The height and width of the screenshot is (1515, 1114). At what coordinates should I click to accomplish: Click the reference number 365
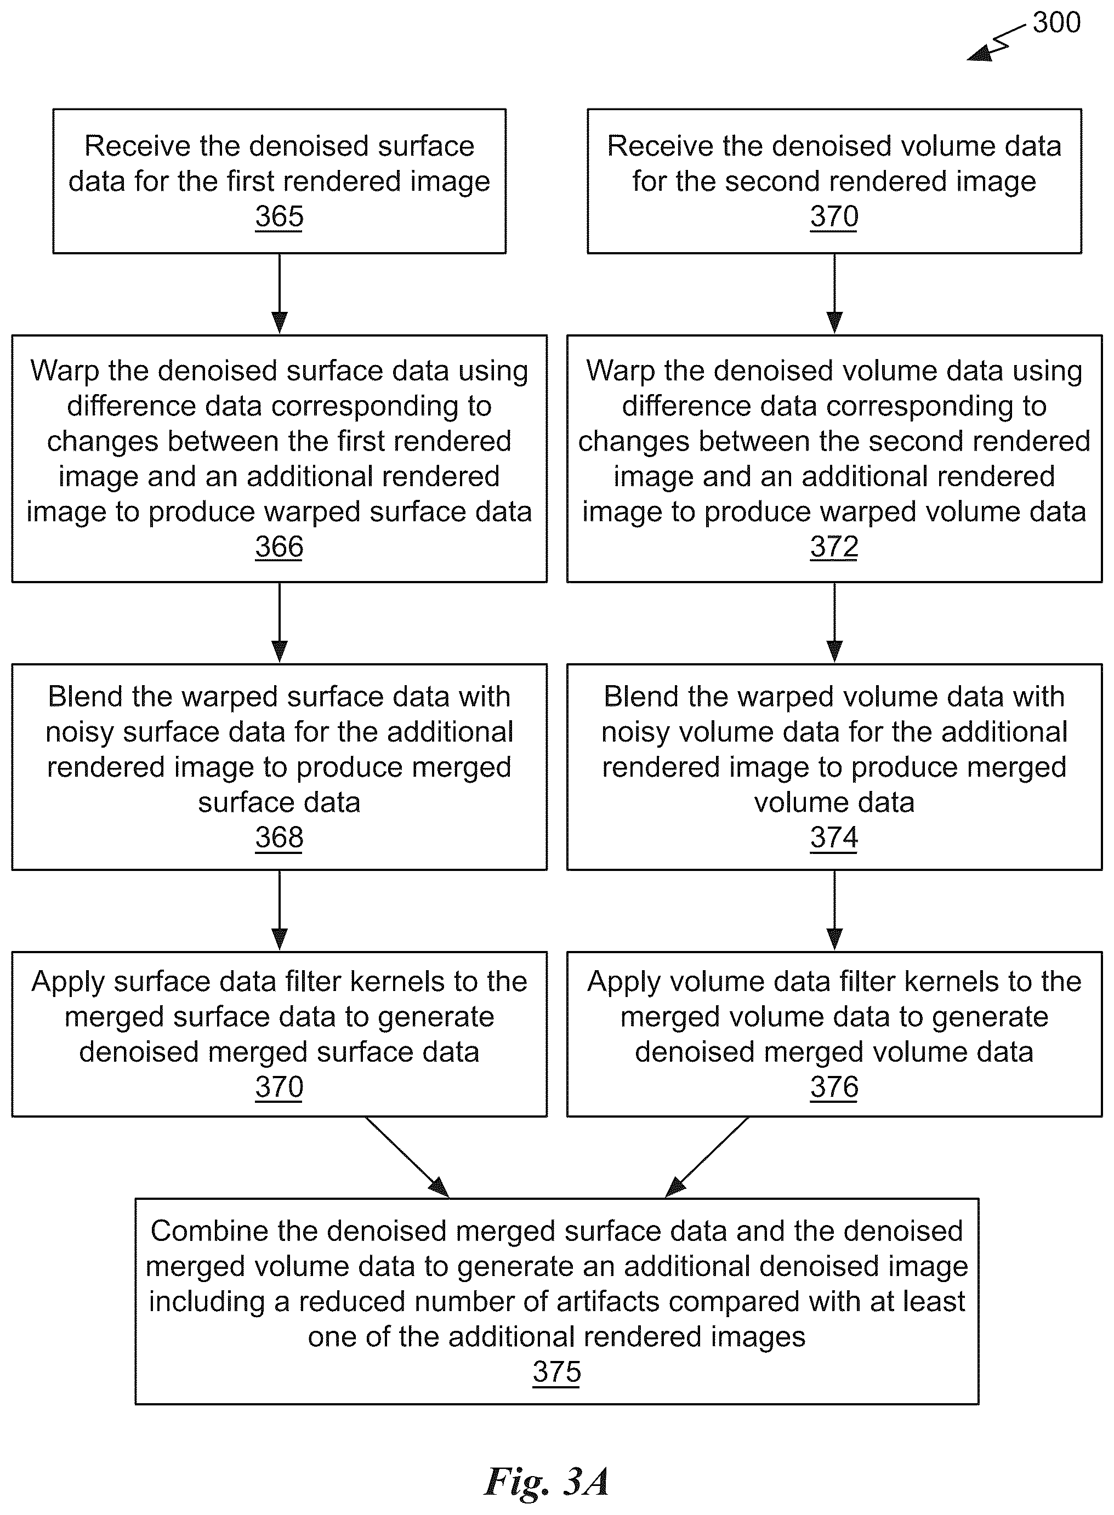[279, 217]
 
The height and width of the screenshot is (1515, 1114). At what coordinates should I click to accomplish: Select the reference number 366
[279, 547]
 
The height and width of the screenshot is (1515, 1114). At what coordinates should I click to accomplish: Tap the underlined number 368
[279, 838]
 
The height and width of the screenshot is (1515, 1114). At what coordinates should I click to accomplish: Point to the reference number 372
[834, 547]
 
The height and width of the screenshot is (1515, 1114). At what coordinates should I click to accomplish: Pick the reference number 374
[834, 838]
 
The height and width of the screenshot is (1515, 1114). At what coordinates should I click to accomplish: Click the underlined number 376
[834, 1087]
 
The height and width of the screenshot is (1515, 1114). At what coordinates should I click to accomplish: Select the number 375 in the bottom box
[557, 1371]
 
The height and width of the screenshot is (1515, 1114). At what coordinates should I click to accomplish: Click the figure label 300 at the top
[1056, 22]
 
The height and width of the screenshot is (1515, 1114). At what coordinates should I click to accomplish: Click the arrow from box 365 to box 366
[279, 294]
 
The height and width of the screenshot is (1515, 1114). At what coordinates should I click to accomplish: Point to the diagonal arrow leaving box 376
[707, 1157]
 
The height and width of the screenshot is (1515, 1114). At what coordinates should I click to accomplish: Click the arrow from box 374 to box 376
[834, 911]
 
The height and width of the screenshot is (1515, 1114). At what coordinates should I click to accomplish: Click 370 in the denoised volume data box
[834, 217]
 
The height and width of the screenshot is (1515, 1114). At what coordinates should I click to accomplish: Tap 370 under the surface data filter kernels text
[279, 1087]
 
